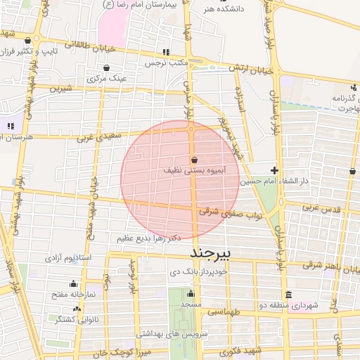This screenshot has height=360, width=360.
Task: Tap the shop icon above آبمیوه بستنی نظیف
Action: (x=193, y=160)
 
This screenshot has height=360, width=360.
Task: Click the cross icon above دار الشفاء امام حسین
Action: (x=274, y=170)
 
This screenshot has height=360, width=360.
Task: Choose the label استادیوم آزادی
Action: (x=67, y=259)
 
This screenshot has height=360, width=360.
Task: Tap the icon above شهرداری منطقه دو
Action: (x=288, y=295)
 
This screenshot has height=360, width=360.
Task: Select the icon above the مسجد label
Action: (x=190, y=293)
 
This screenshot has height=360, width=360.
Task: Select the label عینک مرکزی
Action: (x=107, y=79)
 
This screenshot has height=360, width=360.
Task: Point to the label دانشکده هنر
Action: (x=219, y=9)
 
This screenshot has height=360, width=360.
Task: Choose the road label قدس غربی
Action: (x=321, y=210)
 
